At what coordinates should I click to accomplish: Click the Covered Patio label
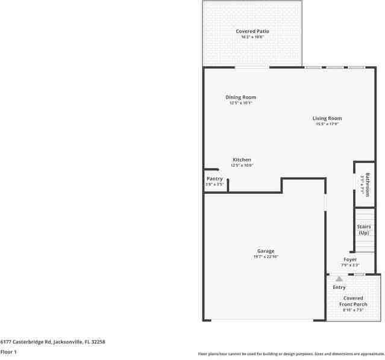[252, 31]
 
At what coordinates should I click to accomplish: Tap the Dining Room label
[241, 97]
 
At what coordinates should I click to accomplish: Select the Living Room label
[327, 118]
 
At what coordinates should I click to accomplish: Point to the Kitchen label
[242, 160]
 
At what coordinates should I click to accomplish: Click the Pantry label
[214, 178]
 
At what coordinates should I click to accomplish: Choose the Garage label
[266, 251]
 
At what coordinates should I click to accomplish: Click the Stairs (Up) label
[364, 229]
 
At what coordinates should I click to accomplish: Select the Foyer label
[350, 259]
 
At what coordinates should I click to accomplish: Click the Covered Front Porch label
[353, 301]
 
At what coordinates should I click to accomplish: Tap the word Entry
[339, 287]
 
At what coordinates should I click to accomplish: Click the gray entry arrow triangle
[339, 279]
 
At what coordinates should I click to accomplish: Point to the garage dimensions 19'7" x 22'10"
[266, 257]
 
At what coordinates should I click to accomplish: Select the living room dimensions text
[327, 124]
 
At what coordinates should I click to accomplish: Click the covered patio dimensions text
[252, 37]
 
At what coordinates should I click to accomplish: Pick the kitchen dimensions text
[242, 165]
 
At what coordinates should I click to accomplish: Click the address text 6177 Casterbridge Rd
[52, 341]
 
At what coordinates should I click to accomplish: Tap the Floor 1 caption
[8, 352]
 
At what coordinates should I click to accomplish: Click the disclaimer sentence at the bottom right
[291, 354]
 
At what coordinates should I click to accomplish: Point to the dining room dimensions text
[241, 103]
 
